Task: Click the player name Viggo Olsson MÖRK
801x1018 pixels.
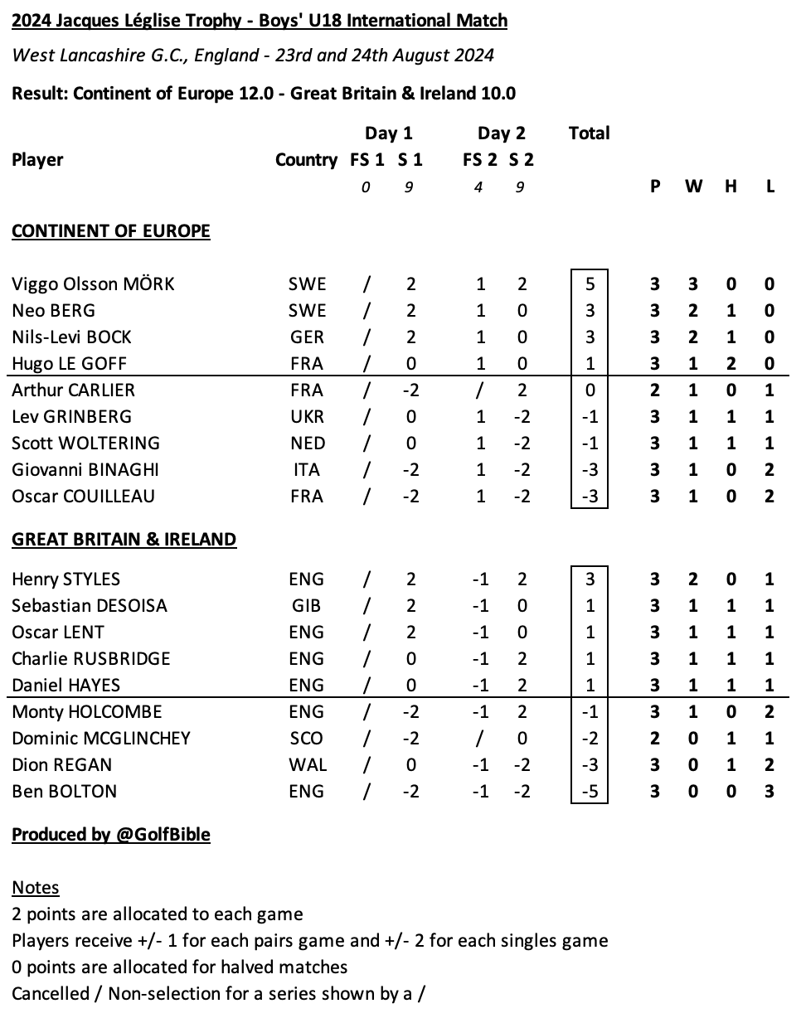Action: (93, 284)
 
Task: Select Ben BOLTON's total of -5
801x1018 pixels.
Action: (589, 792)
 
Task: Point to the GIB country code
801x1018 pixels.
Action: (306, 606)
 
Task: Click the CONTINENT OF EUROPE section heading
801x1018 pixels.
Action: (110, 230)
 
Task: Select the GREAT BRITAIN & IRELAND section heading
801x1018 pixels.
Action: (124, 540)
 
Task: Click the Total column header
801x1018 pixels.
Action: (589, 133)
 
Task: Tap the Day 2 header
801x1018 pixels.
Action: (501, 133)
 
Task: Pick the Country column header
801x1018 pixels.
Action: (306, 160)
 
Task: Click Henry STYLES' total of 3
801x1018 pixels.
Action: (589, 579)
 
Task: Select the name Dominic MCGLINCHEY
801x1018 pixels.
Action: (101, 739)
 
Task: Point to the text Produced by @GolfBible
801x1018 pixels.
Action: (110, 835)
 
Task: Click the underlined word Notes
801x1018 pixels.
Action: (36, 888)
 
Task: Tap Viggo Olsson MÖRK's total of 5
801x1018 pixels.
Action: (589, 284)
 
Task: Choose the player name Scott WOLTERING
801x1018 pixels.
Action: (85, 444)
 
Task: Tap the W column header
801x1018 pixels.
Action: (693, 187)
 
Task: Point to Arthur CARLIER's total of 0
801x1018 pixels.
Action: (589, 390)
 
